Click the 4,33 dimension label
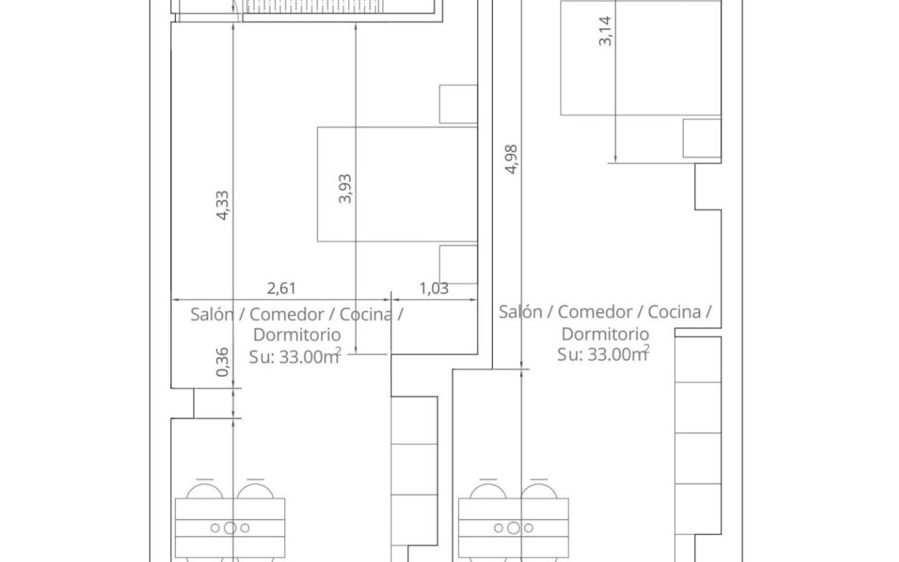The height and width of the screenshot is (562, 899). (222, 205)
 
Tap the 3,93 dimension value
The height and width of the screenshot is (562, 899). (345, 189)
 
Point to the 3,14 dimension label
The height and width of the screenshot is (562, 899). (605, 31)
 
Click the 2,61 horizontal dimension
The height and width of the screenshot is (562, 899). (282, 288)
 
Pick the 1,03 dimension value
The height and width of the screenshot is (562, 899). (434, 288)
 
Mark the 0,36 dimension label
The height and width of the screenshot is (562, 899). (223, 362)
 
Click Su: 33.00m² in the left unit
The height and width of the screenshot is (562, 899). (295, 356)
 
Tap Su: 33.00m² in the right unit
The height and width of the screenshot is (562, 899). (603, 353)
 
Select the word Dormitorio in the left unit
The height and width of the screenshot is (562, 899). (297, 334)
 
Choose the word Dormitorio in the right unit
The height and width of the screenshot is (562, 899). (605, 333)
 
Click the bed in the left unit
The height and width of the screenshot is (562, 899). (397, 184)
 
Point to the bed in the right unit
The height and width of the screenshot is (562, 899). (641, 58)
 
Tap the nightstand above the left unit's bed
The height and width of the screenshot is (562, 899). (458, 104)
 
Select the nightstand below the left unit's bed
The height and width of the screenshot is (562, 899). (458, 264)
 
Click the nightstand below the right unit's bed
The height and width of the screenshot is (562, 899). (702, 137)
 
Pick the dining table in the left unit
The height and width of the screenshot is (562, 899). (230, 527)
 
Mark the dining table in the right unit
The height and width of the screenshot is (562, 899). (514, 527)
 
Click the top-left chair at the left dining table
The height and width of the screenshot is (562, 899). (205, 489)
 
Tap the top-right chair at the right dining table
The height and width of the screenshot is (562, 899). (539, 489)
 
